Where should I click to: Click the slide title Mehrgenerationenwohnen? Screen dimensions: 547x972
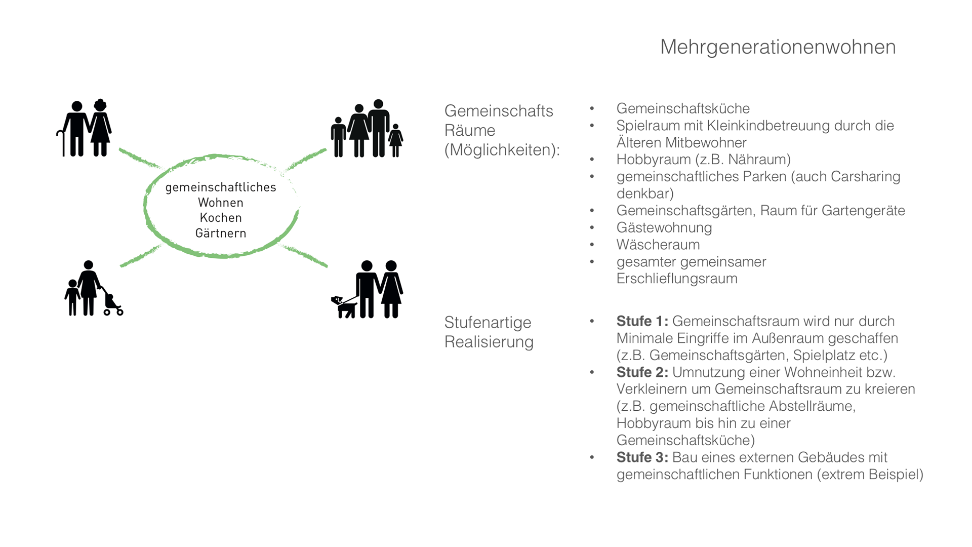coord(778,47)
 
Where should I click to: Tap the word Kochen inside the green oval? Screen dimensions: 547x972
coord(221,218)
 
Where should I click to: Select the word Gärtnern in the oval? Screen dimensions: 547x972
coord(221,233)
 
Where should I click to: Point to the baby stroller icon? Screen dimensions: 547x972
coord(112,304)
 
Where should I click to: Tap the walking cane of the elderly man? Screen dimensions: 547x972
coord(62,143)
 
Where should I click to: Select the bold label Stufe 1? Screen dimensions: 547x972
coord(642,321)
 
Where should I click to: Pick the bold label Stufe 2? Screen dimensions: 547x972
coord(642,372)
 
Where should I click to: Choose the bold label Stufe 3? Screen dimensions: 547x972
coord(642,457)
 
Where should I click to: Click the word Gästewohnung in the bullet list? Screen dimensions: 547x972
coord(664,228)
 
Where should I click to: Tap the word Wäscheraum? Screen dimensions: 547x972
coord(658,245)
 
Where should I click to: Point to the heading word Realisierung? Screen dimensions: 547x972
coord(489,342)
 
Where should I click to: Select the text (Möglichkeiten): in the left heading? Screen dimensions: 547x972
coord(502,150)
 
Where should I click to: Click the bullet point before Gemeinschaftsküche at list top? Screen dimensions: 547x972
coord(592,108)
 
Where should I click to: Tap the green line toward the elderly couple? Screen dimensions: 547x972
coord(139,158)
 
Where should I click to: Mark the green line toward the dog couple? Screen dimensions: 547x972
coord(305,255)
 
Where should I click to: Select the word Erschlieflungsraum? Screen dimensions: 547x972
coord(676,279)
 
